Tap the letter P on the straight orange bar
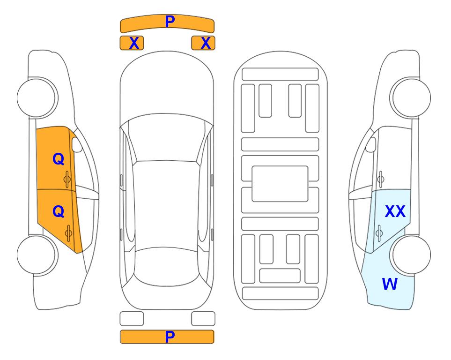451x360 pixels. pos(170,337)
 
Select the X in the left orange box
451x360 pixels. pos(134,43)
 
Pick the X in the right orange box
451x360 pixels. pos(206,43)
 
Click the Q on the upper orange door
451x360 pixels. pos(59,159)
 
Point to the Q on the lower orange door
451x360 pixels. pos(59,212)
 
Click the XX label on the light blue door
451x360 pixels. pos(395,211)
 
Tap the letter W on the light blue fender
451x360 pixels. pos(390,284)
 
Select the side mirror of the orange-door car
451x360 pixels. pos(76,144)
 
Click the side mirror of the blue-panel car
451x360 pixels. pos(371,144)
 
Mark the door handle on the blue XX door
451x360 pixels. pos(379,233)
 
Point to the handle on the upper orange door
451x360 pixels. pos(67,180)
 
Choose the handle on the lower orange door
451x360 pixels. pos(68,233)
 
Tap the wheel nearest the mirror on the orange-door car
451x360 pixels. pos(37,97)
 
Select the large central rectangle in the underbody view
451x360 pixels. pos(280,184)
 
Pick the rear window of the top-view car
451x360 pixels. pos(167,266)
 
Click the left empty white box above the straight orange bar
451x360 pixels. pos(132,319)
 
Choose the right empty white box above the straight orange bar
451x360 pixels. pos(203,319)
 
